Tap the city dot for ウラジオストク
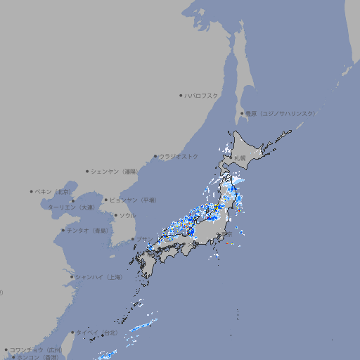155,157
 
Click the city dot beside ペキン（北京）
32,191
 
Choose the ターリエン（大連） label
71,207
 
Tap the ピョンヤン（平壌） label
134,200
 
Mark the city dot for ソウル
115,215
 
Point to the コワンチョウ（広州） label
36,349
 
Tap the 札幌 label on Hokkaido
240,157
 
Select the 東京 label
229,233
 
